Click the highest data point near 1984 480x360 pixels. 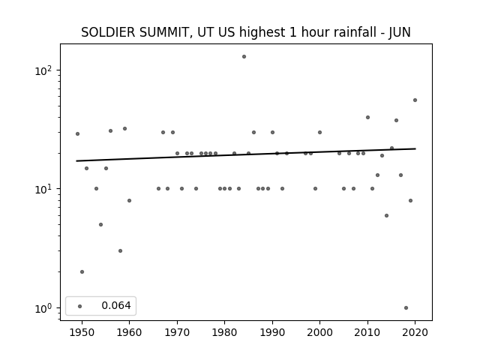(244, 57)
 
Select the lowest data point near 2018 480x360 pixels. (406, 308)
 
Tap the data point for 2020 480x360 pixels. (415, 100)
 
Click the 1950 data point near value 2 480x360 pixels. (82, 271)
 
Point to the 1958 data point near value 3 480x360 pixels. (120, 251)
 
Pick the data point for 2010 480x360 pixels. (367, 118)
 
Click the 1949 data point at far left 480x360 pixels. (77, 133)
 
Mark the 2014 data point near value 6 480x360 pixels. (387, 216)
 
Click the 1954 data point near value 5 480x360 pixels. (100, 225)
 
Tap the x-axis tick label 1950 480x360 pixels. (82, 332)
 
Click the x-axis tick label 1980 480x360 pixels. (224, 332)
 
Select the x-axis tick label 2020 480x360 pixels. (415, 332)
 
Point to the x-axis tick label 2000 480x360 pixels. (319, 332)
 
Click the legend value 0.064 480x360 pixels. (116, 305)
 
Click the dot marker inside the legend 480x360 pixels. (80, 306)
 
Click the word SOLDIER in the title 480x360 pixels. (108, 32)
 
